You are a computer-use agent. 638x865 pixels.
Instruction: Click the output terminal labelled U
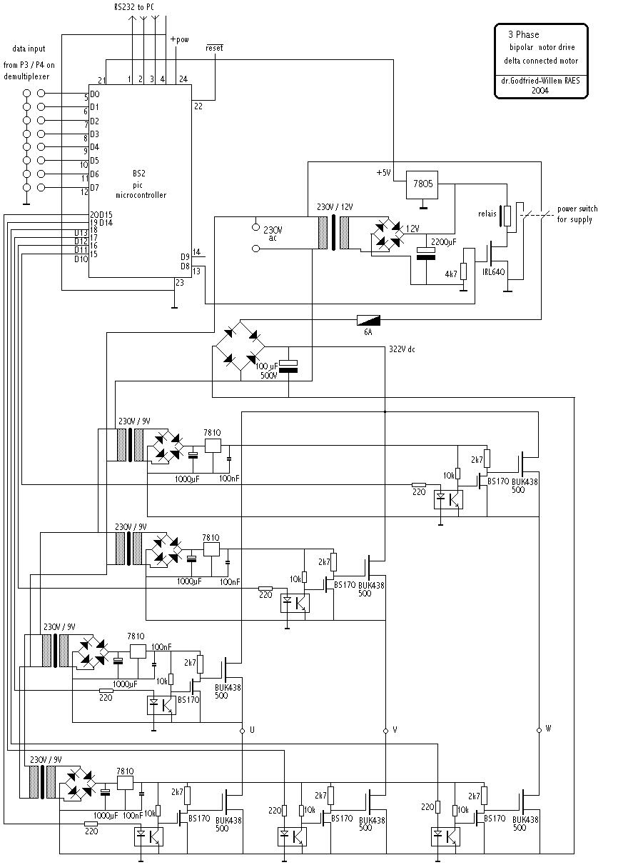tap(243, 730)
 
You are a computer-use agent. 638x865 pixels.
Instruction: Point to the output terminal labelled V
tap(385, 730)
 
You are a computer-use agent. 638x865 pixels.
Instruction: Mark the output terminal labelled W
tap(539, 729)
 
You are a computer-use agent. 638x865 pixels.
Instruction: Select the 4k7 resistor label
tap(451, 274)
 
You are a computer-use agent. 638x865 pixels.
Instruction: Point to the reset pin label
tap(214, 48)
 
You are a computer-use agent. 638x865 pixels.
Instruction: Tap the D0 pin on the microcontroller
tap(94, 94)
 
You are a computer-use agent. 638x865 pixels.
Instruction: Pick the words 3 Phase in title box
tap(523, 34)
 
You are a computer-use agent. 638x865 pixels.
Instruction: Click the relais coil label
tap(487, 212)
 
